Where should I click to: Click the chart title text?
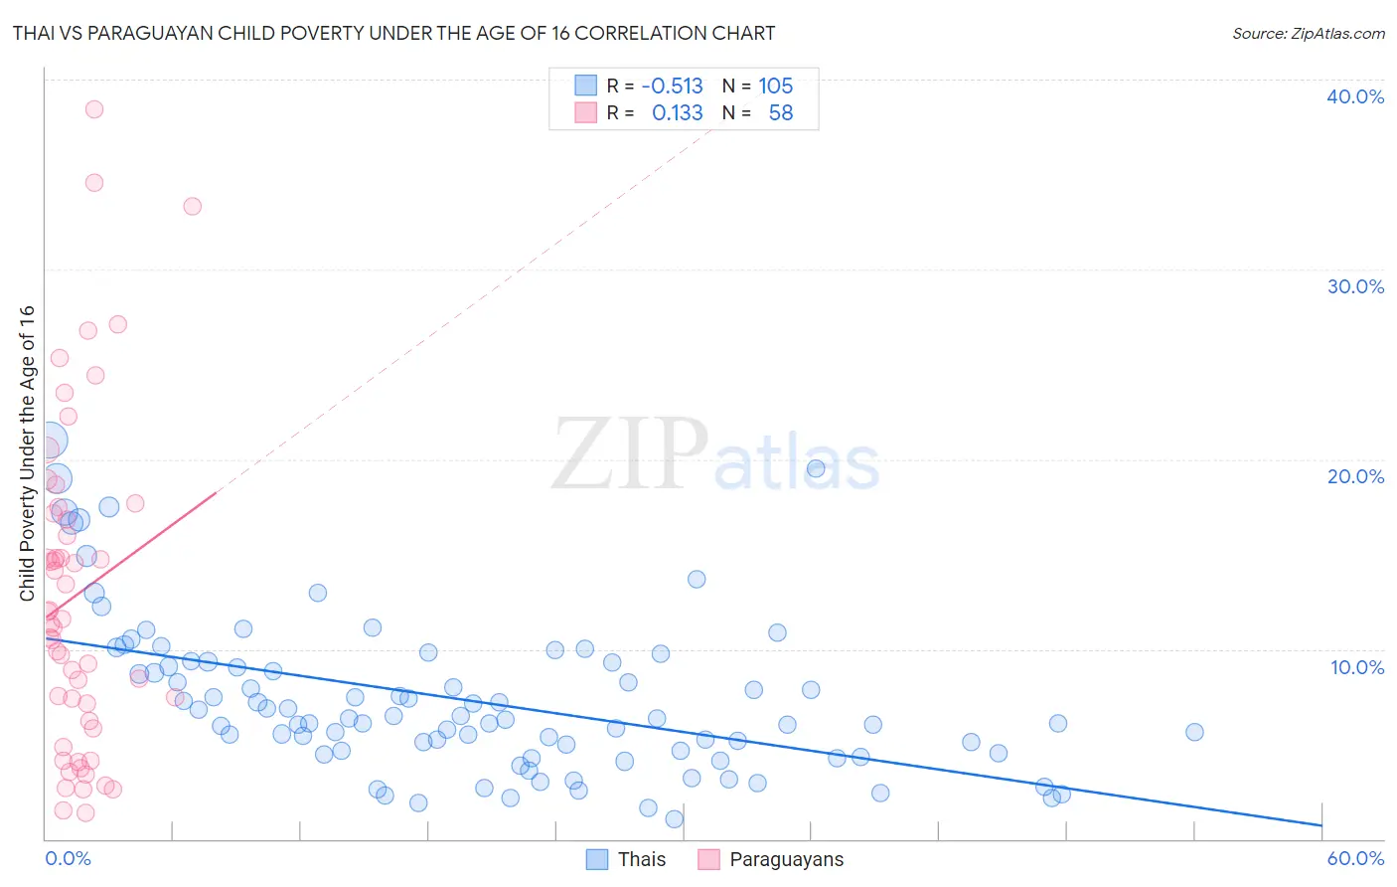click(393, 33)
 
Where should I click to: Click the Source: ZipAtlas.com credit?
click(1308, 33)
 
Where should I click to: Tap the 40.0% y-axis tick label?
click(1355, 96)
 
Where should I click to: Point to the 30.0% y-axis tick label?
click(1355, 286)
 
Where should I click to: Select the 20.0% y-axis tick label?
click(1355, 476)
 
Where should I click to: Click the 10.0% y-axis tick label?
click(1355, 667)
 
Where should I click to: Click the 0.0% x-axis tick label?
click(68, 858)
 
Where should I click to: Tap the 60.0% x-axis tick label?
click(1355, 858)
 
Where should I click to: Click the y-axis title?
click(27, 452)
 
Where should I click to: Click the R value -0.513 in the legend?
click(672, 86)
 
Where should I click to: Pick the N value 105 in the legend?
click(775, 86)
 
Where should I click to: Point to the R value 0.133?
click(677, 113)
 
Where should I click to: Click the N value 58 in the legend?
click(781, 113)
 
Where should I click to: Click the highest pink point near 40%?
click(94, 109)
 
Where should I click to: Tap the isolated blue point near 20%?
click(816, 468)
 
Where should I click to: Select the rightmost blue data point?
click(1194, 732)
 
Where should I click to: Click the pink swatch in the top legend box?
click(586, 113)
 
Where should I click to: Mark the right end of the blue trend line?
click(1321, 825)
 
